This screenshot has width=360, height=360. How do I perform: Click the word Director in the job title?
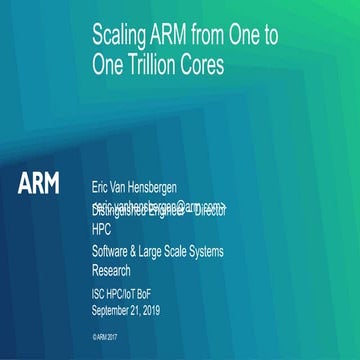[x=212, y=212]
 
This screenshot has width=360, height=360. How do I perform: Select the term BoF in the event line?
[x=158, y=294]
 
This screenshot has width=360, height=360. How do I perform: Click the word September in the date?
[x=113, y=309]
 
